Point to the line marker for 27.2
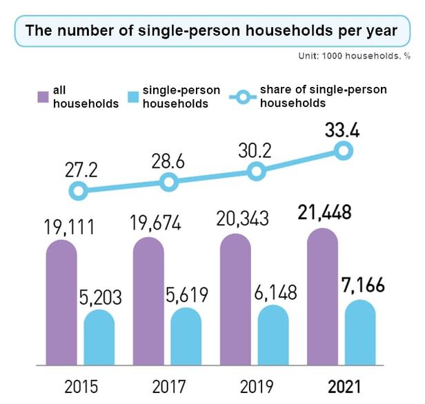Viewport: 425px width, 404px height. point(79,191)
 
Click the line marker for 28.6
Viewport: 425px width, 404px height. point(168,182)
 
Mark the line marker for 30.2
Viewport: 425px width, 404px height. point(256,171)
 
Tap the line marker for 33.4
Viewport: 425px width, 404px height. point(343,152)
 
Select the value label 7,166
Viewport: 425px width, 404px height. point(362,285)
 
